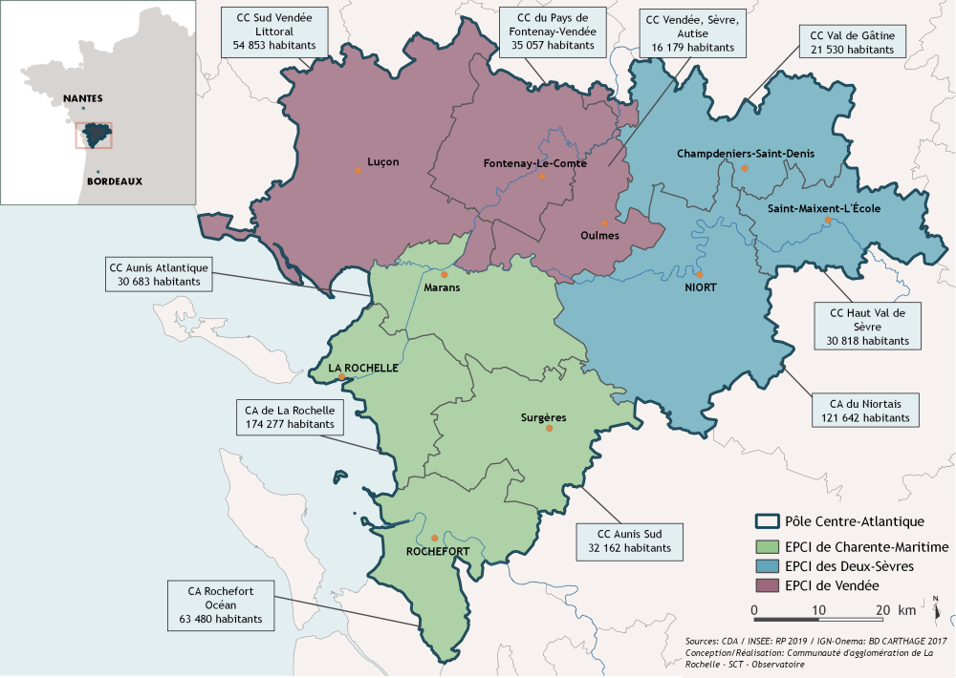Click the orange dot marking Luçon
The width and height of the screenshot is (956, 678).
pyautogui.click(x=358, y=170)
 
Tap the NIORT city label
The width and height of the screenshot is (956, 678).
pyautogui.click(x=701, y=286)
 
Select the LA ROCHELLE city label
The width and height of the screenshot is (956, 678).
pyautogui.click(x=362, y=367)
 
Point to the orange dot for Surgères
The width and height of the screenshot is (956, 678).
pyautogui.click(x=549, y=429)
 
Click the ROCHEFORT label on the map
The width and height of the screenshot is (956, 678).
pyautogui.click(x=438, y=552)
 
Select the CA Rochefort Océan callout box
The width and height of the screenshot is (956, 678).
pyautogui.click(x=220, y=605)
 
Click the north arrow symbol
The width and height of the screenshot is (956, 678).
pyautogui.click(x=936, y=604)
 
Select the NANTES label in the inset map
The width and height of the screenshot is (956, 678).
pyautogui.click(x=82, y=98)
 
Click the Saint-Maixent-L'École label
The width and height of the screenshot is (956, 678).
pyautogui.click(x=817, y=208)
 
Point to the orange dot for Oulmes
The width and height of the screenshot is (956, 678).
pyautogui.click(x=604, y=223)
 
